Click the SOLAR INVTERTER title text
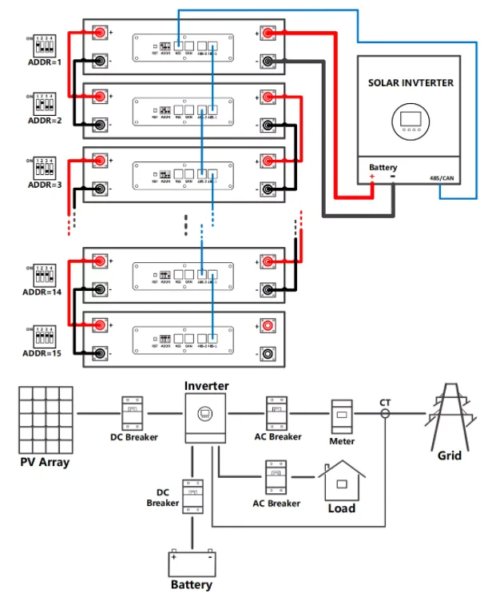click(x=411, y=83)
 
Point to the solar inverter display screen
click(x=411, y=121)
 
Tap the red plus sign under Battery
click(x=371, y=177)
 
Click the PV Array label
click(x=45, y=463)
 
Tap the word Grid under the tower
click(x=449, y=456)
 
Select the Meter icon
click(x=342, y=416)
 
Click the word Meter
click(x=342, y=441)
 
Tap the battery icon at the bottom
click(x=192, y=563)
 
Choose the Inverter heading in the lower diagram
click(x=207, y=386)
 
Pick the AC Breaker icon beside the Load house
click(x=276, y=477)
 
